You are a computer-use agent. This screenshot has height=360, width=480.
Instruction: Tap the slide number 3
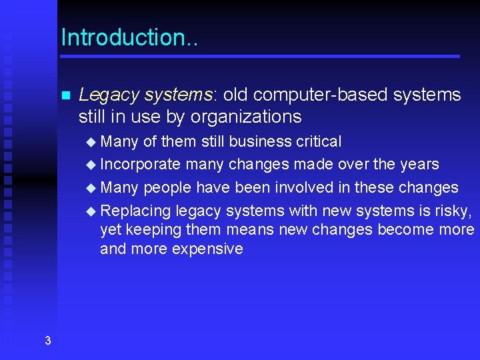coord(47,341)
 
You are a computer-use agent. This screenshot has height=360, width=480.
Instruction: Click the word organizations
coord(246,117)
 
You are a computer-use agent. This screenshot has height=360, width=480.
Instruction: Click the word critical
coord(317,141)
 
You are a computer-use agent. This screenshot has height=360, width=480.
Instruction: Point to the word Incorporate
coord(140,164)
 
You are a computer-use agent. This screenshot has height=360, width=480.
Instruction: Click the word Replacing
coord(136,211)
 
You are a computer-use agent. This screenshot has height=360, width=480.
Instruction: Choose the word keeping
coord(148,230)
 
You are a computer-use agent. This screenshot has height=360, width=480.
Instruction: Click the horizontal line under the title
coord(260,56)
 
